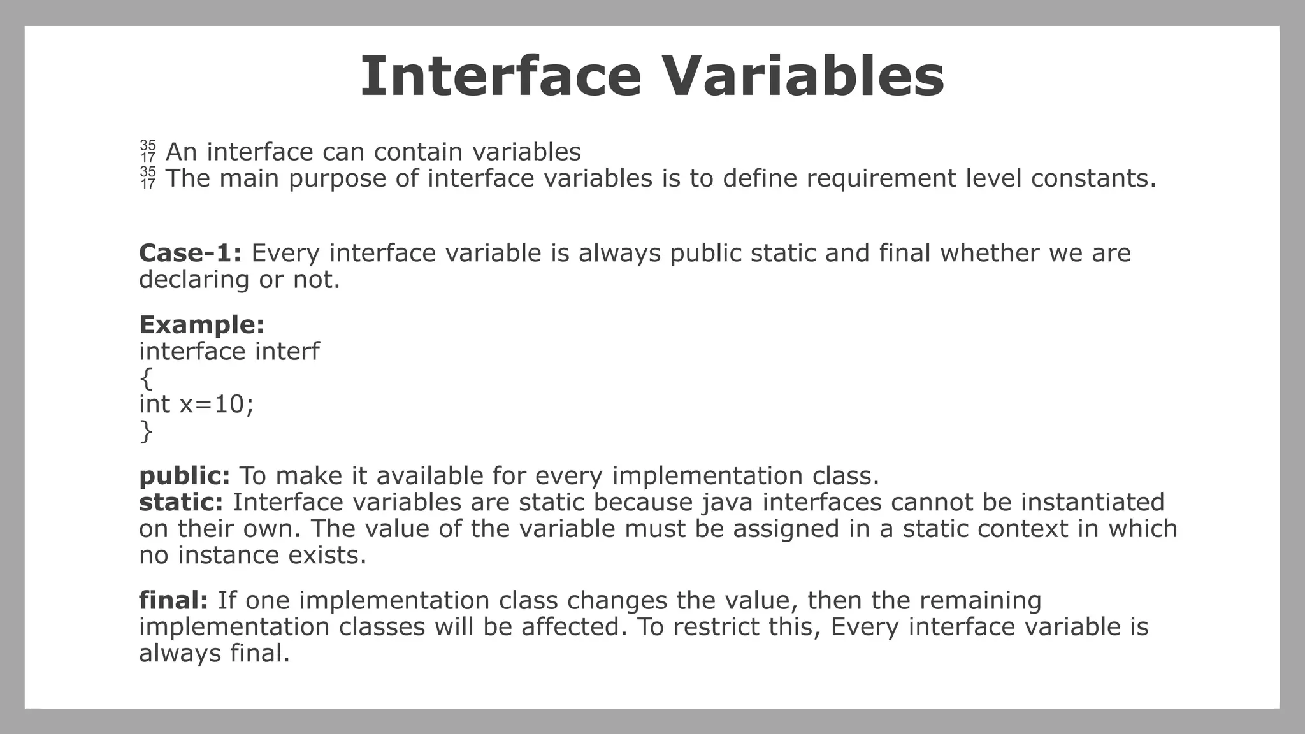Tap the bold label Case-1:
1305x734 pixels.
pos(190,253)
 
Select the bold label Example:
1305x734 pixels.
pos(201,325)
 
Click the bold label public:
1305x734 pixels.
pos(184,476)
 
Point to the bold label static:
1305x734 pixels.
pos(181,502)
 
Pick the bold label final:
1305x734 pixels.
pos(173,600)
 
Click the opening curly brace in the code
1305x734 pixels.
pos(146,378)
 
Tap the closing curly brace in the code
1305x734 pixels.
pos(146,431)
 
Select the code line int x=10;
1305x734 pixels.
pos(196,404)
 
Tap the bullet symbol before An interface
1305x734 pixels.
pos(148,152)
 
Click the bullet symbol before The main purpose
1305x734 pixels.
pos(148,178)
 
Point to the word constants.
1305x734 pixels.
pos(1093,178)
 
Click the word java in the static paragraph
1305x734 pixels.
pos(727,503)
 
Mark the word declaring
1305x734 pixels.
pos(194,280)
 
